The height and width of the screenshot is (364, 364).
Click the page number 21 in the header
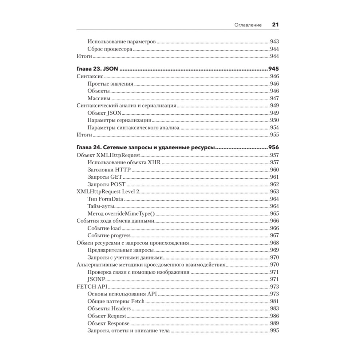click(x=275, y=25)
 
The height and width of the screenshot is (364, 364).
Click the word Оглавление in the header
click(x=249, y=25)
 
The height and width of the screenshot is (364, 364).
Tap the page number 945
click(x=273, y=69)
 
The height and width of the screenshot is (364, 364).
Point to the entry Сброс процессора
click(x=110, y=49)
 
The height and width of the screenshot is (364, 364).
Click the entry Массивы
click(x=99, y=99)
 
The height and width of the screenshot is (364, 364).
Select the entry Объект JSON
click(x=104, y=113)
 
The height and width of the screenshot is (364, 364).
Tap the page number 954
click(x=274, y=128)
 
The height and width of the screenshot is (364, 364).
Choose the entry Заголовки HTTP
click(x=109, y=170)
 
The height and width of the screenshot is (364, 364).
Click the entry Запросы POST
click(x=106, y=185)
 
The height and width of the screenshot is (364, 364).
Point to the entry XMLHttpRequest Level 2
click(x=108, y=192)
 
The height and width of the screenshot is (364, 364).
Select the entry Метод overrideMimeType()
click(x=121, y=214)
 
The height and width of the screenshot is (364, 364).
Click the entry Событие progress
click(x=109, y=236)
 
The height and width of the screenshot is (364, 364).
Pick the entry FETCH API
click(x=90, y=286)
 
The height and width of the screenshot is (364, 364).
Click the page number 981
click(x=274, y=301)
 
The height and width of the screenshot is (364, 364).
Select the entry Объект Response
click(x=108, y=323)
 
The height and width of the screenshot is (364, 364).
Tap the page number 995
click(x=274, y=331)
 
